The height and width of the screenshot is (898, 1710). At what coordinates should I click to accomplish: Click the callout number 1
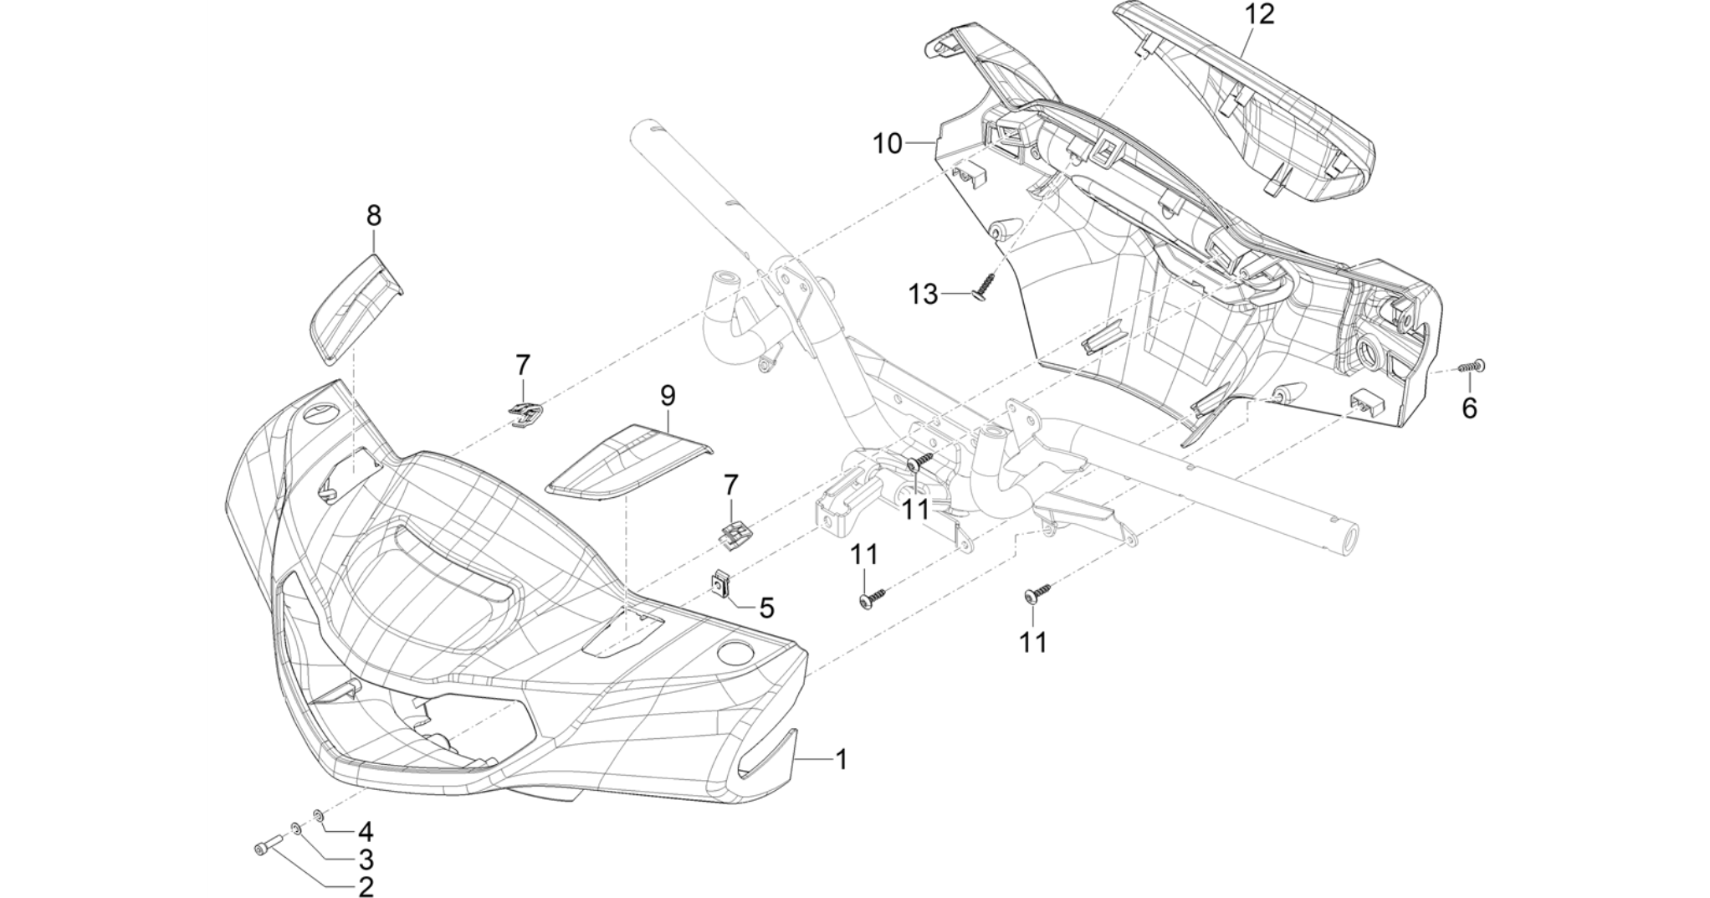[842, 760]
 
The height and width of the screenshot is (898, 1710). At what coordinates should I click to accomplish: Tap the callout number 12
[1258, 14]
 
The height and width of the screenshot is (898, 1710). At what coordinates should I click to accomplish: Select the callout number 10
[888, 144]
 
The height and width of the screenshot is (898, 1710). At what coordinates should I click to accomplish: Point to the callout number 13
[924, 295]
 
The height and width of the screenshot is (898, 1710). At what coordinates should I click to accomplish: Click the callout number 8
[374, 216]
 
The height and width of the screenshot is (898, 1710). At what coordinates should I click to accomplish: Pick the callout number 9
[668, 395]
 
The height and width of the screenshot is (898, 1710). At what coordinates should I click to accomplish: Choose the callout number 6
[1469, 408]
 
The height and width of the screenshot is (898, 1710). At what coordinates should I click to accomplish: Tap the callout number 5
[766, 608]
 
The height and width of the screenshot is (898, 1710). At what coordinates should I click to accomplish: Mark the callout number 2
[366, 887]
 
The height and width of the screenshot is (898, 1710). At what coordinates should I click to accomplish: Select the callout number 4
[366, 831]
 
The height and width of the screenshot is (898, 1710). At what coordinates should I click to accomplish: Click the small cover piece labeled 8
[356, 308]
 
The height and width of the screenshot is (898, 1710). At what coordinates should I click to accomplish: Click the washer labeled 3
[296, 829]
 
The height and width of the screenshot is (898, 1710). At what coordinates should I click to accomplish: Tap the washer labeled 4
[319, 814]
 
